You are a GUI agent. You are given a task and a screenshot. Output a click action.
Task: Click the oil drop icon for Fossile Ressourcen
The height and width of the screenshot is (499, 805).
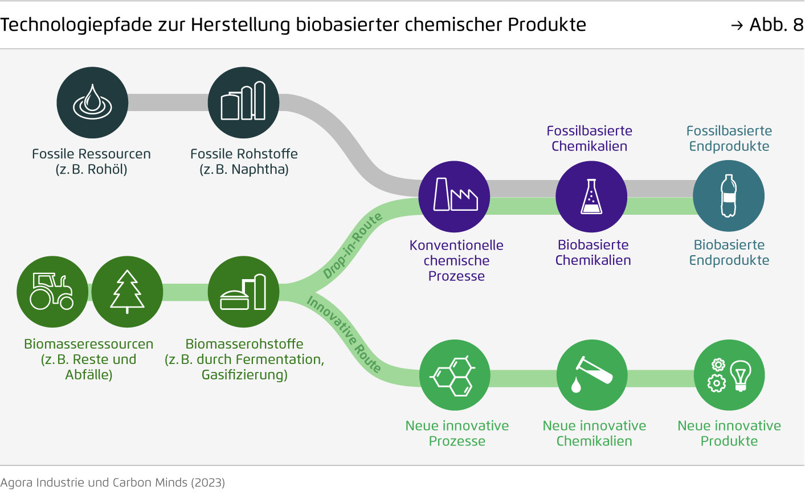coord(92,103)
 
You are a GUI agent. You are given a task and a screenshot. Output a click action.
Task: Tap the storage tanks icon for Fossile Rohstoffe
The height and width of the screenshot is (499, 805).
coord(243,103)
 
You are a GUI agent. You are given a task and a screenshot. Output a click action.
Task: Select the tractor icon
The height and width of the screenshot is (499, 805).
coord(52,291)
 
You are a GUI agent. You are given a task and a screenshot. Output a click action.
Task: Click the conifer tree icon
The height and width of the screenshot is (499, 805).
coord(127,291)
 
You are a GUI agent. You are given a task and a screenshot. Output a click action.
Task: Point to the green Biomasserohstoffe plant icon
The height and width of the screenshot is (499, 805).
coord(243,292)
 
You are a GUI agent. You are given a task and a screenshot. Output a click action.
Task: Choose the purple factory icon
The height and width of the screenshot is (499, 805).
coord(455,197)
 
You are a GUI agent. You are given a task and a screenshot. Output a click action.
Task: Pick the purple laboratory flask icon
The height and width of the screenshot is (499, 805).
coord(591,197)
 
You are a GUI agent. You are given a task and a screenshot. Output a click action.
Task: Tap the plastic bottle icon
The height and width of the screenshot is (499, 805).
coord(729,197)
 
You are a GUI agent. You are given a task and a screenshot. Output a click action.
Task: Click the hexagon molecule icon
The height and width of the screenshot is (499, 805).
coord(455,375)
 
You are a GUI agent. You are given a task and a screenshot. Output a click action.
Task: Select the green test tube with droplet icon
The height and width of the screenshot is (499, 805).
coord(591,375)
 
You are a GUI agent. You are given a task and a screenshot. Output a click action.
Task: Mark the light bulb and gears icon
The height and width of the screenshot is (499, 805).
coord(729,375)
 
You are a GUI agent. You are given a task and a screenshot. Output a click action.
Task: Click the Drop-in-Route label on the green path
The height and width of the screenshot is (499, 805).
coord(352,246)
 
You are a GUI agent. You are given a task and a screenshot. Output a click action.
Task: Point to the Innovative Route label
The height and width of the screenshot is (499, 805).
coord(344,334)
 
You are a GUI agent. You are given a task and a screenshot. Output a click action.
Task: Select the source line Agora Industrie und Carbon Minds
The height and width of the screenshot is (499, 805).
coord(113,482)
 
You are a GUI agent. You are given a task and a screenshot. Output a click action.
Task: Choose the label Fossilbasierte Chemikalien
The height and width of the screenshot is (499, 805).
coord(590,138)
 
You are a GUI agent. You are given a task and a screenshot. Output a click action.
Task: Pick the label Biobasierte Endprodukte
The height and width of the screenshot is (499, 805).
coord(729,252)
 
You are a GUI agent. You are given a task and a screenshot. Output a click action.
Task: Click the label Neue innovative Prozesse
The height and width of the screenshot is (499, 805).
coord(457,433)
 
